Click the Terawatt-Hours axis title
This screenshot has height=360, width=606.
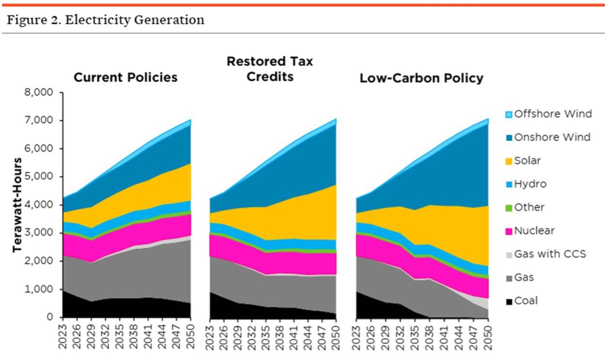18,205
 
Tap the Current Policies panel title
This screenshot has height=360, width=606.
125,77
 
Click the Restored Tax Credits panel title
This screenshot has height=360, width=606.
270,69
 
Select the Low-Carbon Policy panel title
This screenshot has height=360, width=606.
422,78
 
